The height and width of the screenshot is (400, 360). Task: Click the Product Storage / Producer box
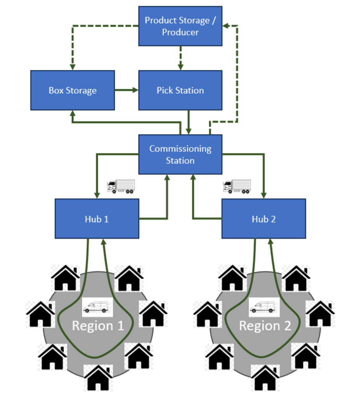tap(180, 26)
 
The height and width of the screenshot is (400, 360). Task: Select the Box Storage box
tap(72, 90)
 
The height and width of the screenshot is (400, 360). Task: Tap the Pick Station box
tap(180, 90)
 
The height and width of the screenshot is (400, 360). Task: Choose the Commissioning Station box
tap(180, 154)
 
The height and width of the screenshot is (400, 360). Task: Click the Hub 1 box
tap(97, 219)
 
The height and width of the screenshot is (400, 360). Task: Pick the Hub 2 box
tap(263, 219)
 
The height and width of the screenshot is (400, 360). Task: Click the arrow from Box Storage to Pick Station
tap(126, 90)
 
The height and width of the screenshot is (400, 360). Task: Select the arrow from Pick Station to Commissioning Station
tap(189, 122)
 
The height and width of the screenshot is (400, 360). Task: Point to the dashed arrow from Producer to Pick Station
tap(180, 58)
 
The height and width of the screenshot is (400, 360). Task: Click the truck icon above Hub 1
tap(121, 186)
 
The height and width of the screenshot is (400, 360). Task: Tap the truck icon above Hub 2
tap(237, 186)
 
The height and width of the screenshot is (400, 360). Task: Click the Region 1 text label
tap(98, 326)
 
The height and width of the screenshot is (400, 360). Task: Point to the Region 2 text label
tap(265, 326)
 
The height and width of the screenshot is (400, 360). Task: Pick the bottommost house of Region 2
tap(265, 378)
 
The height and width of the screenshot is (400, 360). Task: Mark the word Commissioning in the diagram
tap(180, 149)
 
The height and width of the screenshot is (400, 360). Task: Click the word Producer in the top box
tap(180, 32)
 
